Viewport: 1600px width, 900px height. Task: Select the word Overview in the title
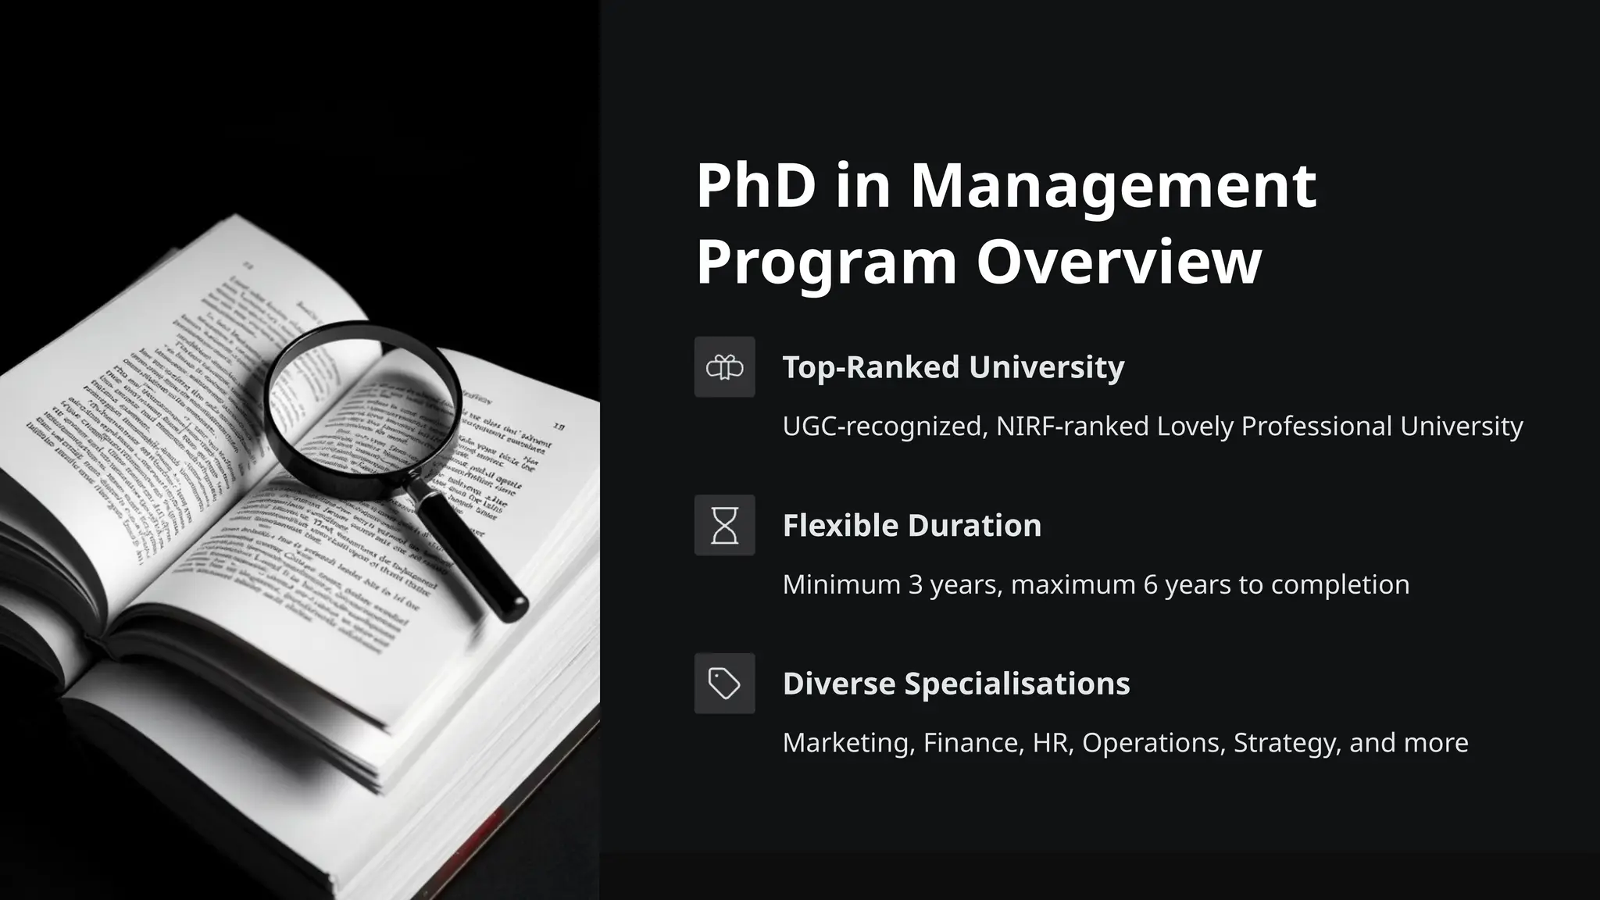point(1119,262)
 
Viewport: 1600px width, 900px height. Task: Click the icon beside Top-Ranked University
point(724,367)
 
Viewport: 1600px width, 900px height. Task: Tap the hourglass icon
point(724,525)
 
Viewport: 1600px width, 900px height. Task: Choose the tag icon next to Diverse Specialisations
point(724,684)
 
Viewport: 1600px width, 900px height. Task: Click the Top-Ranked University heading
point(953,367)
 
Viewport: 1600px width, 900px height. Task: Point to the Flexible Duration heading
point(912,526)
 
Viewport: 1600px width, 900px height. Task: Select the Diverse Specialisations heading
point(956,684)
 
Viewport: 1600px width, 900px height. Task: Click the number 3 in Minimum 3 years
point(915,584)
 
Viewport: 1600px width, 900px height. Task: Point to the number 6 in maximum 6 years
point(1150,584)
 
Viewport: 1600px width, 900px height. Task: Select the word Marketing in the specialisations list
point(848,743)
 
